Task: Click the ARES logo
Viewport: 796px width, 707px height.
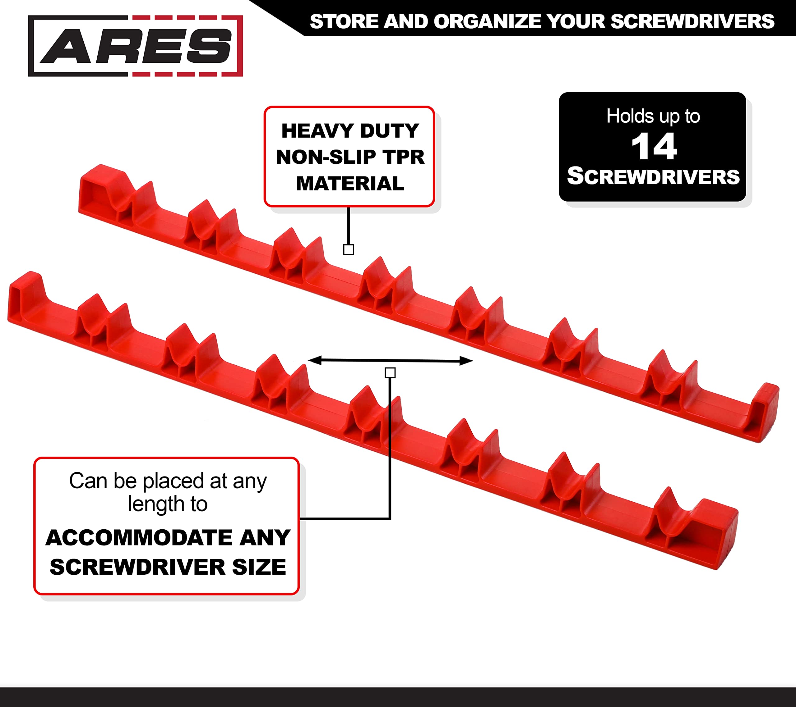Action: pos(136,46)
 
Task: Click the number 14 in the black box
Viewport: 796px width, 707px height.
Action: pos(654,146)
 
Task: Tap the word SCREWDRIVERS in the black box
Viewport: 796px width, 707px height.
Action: pos(653,176)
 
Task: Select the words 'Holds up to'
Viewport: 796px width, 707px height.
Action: pos(653,116)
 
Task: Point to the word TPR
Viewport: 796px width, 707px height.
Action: pos(403,157)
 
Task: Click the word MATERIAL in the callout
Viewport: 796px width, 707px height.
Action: pos(350,183)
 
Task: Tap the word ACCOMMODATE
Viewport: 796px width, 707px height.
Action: pos(140,537)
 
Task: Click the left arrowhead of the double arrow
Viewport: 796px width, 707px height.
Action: pos(315,360)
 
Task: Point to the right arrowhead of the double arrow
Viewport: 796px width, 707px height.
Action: pos(466,361)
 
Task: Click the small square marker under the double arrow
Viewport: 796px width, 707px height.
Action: pos(390,373)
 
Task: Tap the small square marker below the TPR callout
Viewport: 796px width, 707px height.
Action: pos(349,249)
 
